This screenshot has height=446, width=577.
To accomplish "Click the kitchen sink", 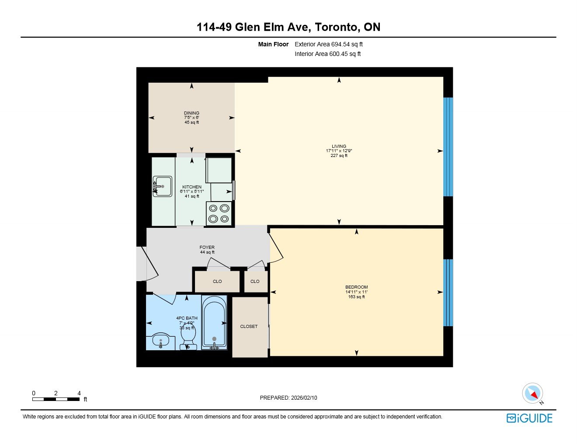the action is (162, 186).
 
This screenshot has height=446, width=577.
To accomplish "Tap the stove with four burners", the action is (219, 213).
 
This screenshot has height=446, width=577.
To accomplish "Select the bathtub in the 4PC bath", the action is (214, 323).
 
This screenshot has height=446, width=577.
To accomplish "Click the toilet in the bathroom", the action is (188, 338).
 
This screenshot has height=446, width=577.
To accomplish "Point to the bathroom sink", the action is (161, 341).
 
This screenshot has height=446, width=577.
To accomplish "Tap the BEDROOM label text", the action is (356, 287).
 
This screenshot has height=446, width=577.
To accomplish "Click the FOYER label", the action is (207, 247).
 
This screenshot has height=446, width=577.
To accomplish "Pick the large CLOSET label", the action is (249, 327).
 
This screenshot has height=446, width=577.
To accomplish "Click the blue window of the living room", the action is (448, 147).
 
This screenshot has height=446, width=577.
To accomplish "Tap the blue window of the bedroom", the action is (448, 293).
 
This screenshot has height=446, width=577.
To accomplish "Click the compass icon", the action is (533, 394).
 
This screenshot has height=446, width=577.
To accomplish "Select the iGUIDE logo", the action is (530, 418).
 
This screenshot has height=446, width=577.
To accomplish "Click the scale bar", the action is (56, 399).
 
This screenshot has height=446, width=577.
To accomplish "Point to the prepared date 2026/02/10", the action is (304, 398).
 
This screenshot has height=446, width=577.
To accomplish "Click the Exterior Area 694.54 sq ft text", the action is (329, 44).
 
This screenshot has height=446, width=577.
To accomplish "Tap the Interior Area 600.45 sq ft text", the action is (328, 54).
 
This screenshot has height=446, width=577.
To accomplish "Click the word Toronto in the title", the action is (337, 27).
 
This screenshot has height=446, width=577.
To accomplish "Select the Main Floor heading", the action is (273, 44).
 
